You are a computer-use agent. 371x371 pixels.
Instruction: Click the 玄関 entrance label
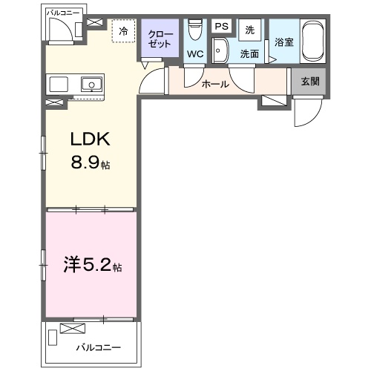310,81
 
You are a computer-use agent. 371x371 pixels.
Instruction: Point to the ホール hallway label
215,85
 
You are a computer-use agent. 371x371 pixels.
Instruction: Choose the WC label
195,54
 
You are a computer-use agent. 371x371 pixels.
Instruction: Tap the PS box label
221,26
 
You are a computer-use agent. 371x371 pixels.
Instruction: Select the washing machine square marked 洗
249,29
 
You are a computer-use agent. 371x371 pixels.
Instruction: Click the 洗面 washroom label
249,54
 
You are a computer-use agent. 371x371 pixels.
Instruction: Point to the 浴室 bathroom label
284,43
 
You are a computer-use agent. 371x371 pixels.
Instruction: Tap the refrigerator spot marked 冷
123,32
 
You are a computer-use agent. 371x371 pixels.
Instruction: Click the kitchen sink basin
92,84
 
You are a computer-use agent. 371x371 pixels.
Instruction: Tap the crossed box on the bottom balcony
72,329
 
